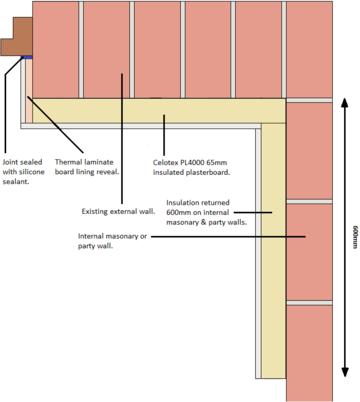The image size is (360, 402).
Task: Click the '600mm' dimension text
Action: [x=354, y=237]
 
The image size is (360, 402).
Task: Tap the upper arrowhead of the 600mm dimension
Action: [x=345, y=103]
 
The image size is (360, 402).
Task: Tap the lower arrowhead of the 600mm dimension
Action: [x=345, y=372]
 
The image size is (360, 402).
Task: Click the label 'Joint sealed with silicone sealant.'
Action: [x=23, y=172]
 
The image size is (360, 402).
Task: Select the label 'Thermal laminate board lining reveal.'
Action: [x=87, y=167]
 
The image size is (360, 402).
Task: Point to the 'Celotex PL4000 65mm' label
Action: [x=190, y=163]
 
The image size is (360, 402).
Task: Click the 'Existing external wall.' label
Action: [x=118, y=211]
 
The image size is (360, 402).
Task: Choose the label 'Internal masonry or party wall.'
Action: [x=112, y=241]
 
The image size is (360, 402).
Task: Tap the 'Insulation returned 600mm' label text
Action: [x=198, y=207]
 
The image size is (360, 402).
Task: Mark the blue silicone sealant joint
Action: [x=27, y=57]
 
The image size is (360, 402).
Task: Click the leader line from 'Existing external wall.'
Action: [x=122, y=139]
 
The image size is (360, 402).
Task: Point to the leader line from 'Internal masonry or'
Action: [x=228, y=237]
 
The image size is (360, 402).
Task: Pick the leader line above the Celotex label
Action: [x=164, y=135]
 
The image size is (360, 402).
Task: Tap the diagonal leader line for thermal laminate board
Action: [x=55, y=124]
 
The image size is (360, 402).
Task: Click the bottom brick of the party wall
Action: [x=309, y=353]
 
